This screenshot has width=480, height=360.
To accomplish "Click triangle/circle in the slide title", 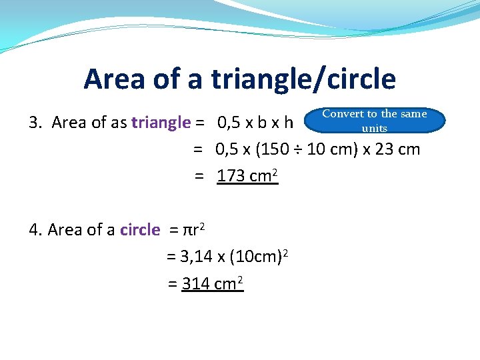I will pos(303,79).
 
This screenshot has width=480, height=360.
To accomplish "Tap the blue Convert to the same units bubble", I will pos(374,121).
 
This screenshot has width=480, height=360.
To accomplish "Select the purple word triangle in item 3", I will pos(161,123).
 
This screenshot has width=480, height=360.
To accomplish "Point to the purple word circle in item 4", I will pos(140,230).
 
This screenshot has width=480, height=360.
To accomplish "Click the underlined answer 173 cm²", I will pos(247,176).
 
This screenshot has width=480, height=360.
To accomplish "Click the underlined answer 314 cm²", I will pos(212,283).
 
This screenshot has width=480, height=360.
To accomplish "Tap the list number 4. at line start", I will pos(36,230).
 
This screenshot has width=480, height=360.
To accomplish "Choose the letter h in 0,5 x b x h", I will pos(288,123).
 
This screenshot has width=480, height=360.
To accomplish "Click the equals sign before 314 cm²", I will pos(172,284).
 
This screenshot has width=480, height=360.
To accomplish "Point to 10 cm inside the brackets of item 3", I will pos(324,149).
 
